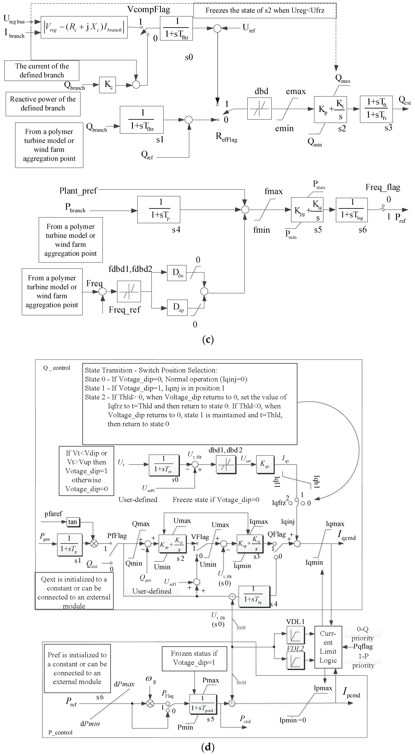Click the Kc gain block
click(x=107, y=85)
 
